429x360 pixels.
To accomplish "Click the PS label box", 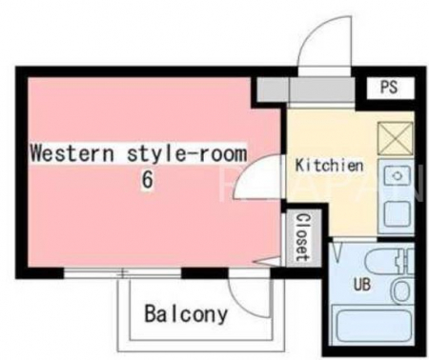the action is coord(391,88).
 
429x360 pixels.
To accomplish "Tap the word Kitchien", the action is coord(329,166).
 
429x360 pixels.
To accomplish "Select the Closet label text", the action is coord(302,238).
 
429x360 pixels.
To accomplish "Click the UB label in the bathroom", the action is coord(362,285).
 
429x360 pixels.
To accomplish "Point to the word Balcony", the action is coord(186,314).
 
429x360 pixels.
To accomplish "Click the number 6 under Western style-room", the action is coord(147,180).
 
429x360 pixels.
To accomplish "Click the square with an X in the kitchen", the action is coord(396,139).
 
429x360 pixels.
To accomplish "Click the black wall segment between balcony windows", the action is coord(205,273).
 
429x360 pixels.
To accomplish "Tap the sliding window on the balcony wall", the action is coord(122,273).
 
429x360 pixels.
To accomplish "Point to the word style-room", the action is coord(187,153).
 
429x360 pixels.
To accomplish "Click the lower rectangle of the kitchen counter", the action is coord(398,214).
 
